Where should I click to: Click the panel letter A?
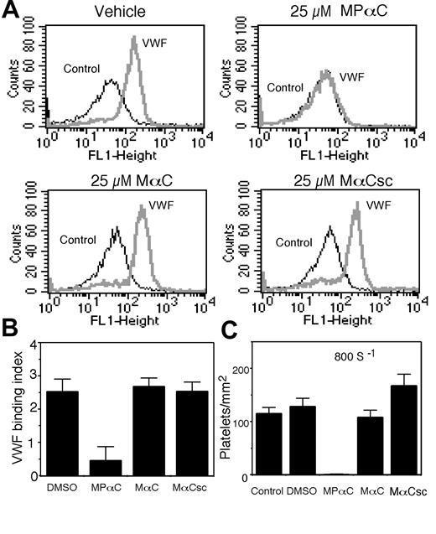point(13,13)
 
